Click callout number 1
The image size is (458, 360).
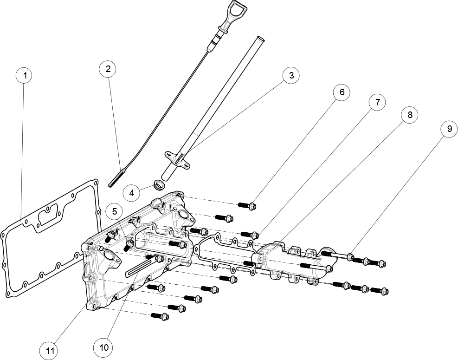24,75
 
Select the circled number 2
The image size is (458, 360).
107,69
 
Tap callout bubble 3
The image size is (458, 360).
291,75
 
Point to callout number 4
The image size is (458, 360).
131,193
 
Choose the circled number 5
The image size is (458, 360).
114,211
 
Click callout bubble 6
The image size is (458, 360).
342,92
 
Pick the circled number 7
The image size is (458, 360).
377,102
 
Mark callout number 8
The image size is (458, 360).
410,114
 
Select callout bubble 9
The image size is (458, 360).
449,129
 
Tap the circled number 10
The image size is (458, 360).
103,347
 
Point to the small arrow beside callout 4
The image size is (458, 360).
117,177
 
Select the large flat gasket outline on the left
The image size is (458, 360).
46,237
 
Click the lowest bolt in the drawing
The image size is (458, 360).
164,317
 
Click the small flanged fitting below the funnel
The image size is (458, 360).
177,158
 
